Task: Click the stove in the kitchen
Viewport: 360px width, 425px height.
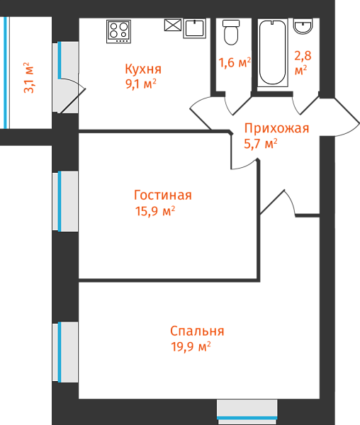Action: pos(118,31)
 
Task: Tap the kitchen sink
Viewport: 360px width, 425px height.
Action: pos(194,28)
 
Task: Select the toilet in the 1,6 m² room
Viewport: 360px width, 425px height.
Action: pos(231,33)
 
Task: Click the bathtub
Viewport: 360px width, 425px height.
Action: pos(272,52)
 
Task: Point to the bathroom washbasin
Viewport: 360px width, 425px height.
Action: pos(303,26)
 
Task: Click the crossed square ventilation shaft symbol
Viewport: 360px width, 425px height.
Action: pos(173,25)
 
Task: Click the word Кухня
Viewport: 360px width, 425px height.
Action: pos(143,69)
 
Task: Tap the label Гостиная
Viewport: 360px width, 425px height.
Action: pos(163,195)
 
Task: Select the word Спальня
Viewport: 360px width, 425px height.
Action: pos(197,331)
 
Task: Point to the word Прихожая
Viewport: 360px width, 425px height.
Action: pos(276,128)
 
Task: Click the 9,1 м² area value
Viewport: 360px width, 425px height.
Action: pos(141,84)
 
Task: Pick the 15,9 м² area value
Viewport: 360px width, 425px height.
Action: pos(155,210)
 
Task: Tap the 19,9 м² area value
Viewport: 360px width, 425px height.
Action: pos(191,346)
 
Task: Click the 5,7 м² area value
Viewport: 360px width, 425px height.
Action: pos(261,143)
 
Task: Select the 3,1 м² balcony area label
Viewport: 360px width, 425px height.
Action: pos(29,78)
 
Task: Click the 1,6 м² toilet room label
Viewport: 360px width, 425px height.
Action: pos(235,62)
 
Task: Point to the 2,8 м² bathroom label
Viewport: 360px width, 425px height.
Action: pos(303,63)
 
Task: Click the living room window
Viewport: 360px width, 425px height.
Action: pos(65,201)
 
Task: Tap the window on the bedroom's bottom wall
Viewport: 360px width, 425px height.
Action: pos(247,412)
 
